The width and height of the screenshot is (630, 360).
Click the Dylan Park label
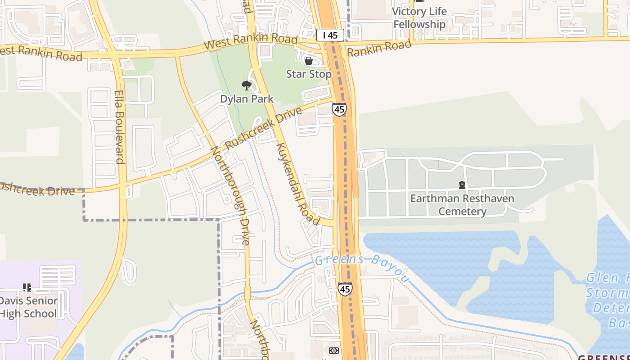pos(247,99)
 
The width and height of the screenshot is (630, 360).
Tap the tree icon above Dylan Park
pos(246,85)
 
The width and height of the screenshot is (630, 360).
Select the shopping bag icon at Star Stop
pos(309,61)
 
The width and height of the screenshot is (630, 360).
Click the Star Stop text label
pos(309,74)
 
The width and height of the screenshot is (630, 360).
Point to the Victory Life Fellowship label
pos(419,18)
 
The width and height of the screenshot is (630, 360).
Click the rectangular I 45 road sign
pos(330,35)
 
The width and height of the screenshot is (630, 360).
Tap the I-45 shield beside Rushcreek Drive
pos(339,109)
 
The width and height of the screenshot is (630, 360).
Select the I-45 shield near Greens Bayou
pos(345,289)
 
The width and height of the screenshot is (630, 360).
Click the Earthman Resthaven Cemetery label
pos(462,205)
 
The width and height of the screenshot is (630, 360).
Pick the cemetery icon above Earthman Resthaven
pos(462,184)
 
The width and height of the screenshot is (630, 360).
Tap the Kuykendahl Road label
pos(298,184)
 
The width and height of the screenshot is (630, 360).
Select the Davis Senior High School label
pos(28,307)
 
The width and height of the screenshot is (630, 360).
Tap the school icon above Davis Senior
pos(27,287)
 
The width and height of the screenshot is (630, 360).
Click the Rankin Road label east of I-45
pos(379,49)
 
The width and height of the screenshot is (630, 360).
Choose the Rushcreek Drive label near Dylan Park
pos(263,129)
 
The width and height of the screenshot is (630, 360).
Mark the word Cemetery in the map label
pos(463,211)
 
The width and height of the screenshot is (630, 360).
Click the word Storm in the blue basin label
pos(607,293)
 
